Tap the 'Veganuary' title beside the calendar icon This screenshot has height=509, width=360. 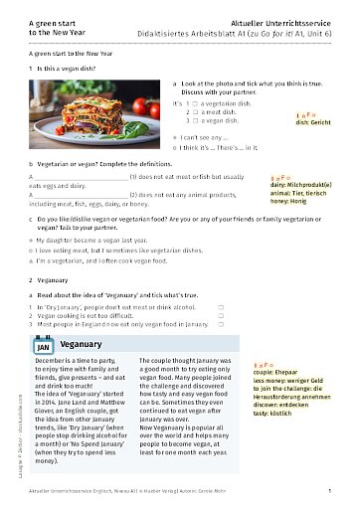click(82, 344)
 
